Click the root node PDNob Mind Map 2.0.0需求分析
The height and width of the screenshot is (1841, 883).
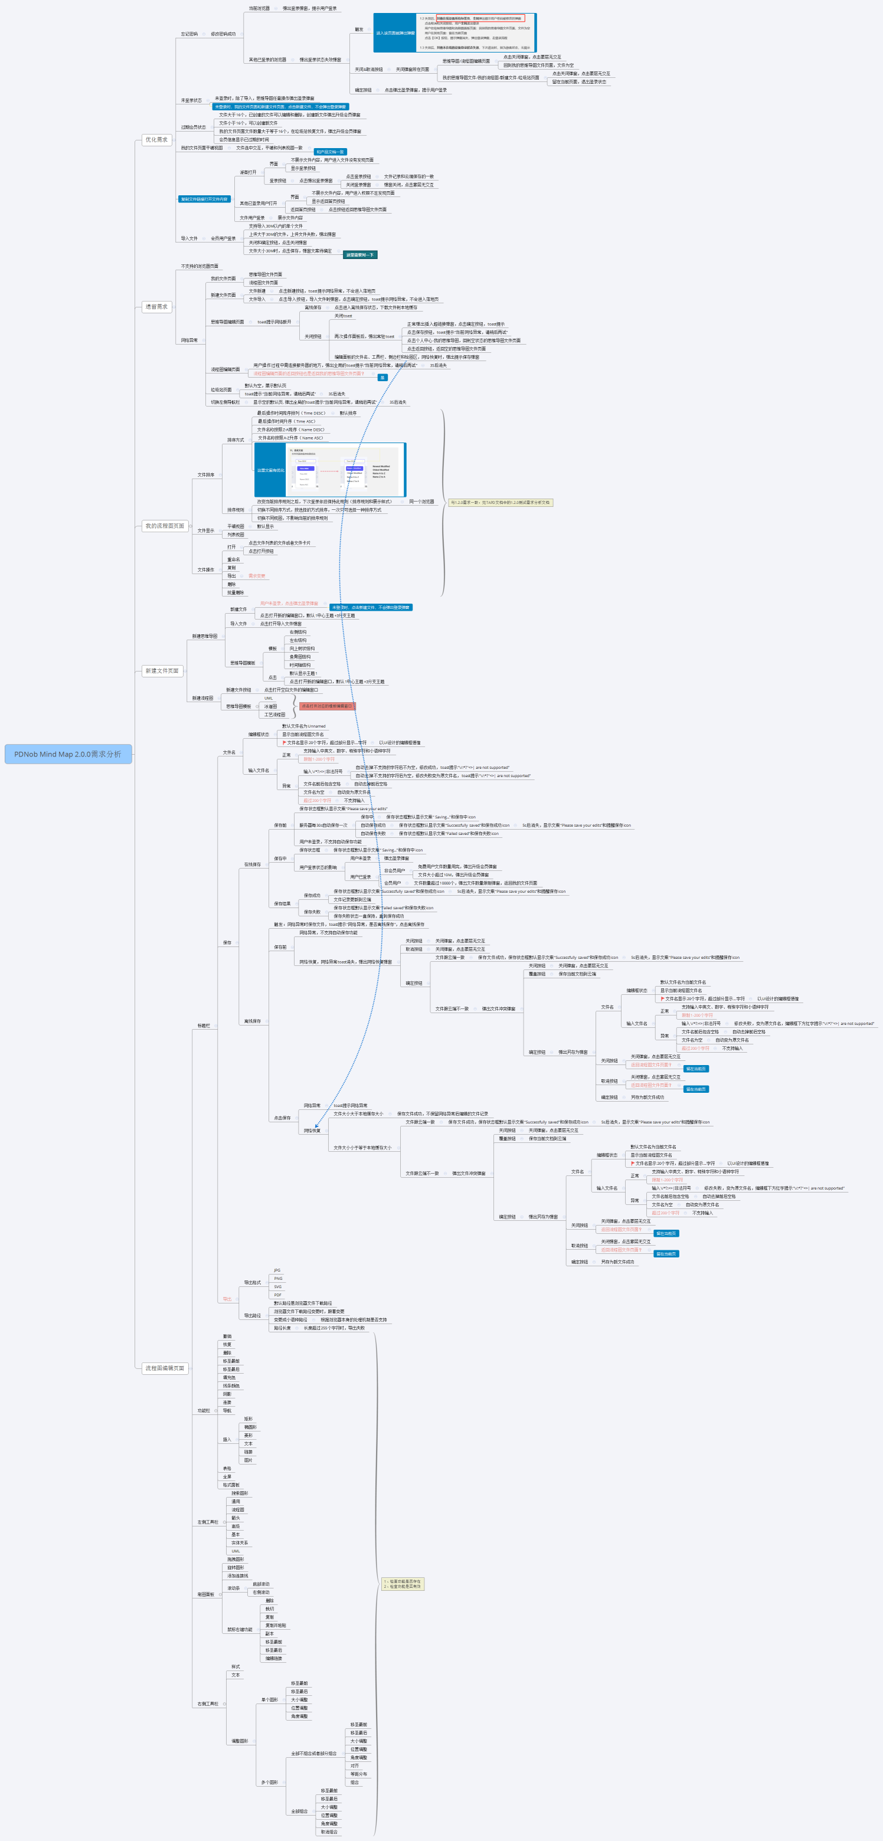point(68,754)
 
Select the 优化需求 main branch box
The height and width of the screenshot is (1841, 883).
point(156,140)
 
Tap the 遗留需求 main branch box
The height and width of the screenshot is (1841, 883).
point(156,307)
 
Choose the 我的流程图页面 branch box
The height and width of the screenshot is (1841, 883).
point(165,526)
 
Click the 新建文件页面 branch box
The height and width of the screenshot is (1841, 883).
point(162,671)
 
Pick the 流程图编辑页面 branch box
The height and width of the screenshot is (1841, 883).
point(165,1368)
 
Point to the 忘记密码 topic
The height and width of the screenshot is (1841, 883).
point(189,34)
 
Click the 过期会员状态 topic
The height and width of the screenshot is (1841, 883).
point(194,127)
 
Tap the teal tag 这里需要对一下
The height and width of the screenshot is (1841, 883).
point(359,254)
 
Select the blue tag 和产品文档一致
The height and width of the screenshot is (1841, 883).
point(331,152)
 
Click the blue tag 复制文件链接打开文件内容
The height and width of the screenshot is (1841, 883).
point(204,199)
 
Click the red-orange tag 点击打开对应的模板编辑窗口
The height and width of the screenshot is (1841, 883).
point(327,706)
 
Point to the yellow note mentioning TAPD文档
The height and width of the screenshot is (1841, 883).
point(501,502)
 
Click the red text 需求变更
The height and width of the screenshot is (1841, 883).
point(257,576)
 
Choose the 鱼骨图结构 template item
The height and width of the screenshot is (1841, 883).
point(300,657)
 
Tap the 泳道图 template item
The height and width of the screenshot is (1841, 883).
point(271,706)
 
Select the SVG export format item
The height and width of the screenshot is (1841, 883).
point(277,1286)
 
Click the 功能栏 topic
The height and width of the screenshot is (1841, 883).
point(204,1411)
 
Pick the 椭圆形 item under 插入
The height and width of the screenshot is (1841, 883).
point(250,1427)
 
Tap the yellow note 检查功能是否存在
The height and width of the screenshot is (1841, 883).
point(403,1584)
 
